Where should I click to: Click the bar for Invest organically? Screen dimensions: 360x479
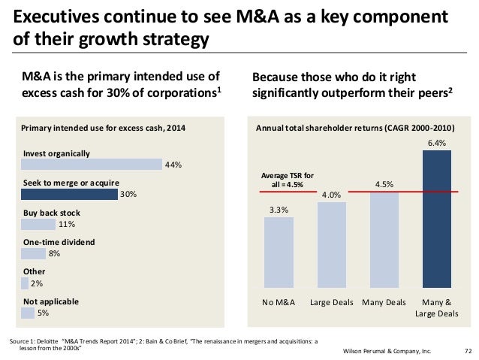click(92, 164)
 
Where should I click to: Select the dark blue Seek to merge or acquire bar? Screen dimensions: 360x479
click(69, 194)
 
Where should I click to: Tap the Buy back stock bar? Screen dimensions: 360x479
click(38, 224)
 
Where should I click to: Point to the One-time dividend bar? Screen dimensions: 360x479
click(34, 254)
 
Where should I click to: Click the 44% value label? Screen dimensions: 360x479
click(173, 165)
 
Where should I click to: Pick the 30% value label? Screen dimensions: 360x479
click(128, 195)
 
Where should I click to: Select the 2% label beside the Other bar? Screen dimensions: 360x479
click(37, 284)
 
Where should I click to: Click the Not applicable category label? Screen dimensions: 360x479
click(51, 301)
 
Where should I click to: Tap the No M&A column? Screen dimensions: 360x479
click(279, 252)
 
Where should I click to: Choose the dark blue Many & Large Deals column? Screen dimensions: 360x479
click(437, 218)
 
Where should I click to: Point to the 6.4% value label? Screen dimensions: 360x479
click(437, 142)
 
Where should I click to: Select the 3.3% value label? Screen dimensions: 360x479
click(279, 210)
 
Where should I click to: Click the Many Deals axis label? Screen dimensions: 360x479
click(384, 302)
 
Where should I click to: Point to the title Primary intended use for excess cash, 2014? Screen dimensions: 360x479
click(103, 129)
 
